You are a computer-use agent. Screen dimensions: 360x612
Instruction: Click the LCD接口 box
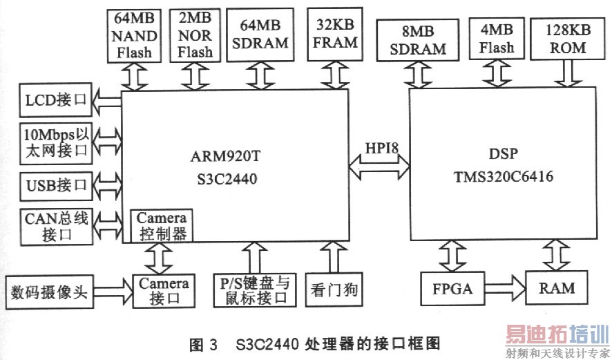56,102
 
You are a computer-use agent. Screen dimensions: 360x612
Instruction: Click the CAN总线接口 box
56,226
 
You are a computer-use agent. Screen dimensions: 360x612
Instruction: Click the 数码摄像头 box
48,290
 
